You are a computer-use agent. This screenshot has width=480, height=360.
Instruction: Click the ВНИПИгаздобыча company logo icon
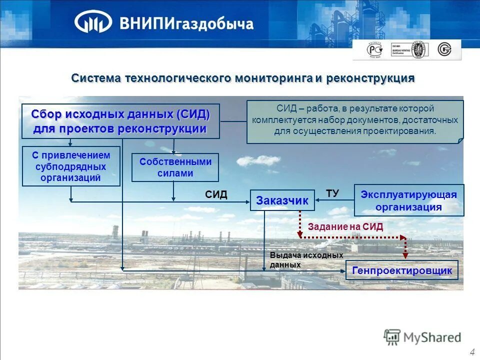pyautogui.click(x=93, y=22)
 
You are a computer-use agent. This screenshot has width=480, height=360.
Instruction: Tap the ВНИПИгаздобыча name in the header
pyautogui.click(x=186, y=23)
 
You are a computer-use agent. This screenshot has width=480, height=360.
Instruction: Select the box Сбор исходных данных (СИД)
pyautogui.click(x=120, y=121)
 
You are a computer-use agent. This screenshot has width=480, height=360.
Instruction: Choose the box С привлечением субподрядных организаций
pyautogui.click(x=71, y=166)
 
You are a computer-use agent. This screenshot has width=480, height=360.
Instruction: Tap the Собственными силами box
pyautogui.click(x=175, y=167)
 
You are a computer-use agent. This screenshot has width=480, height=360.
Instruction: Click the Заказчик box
pyautogui.click(x=282, y=200)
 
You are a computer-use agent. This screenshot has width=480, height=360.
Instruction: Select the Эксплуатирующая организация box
pyautogui.click(x=409, y=200)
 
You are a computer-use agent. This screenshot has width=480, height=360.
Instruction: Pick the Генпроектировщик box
pyautogui.click(x=402, y=270)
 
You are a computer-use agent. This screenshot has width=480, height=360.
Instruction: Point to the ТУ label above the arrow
pyautogui.click(x=332, y=192)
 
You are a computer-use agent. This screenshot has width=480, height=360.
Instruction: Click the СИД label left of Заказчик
pyautogui.click(x=216, y=195)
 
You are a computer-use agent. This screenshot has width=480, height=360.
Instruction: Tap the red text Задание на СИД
pyautogui.click(x=345, y=226)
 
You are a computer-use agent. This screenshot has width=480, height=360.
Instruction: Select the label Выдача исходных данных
pyautogui.click(x=292, y=260)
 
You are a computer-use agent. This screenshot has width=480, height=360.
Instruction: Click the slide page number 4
pyautogui.click(x=472, y=352)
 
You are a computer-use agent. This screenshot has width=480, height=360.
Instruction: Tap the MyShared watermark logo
pyautogui.click(x=422, y=337)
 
